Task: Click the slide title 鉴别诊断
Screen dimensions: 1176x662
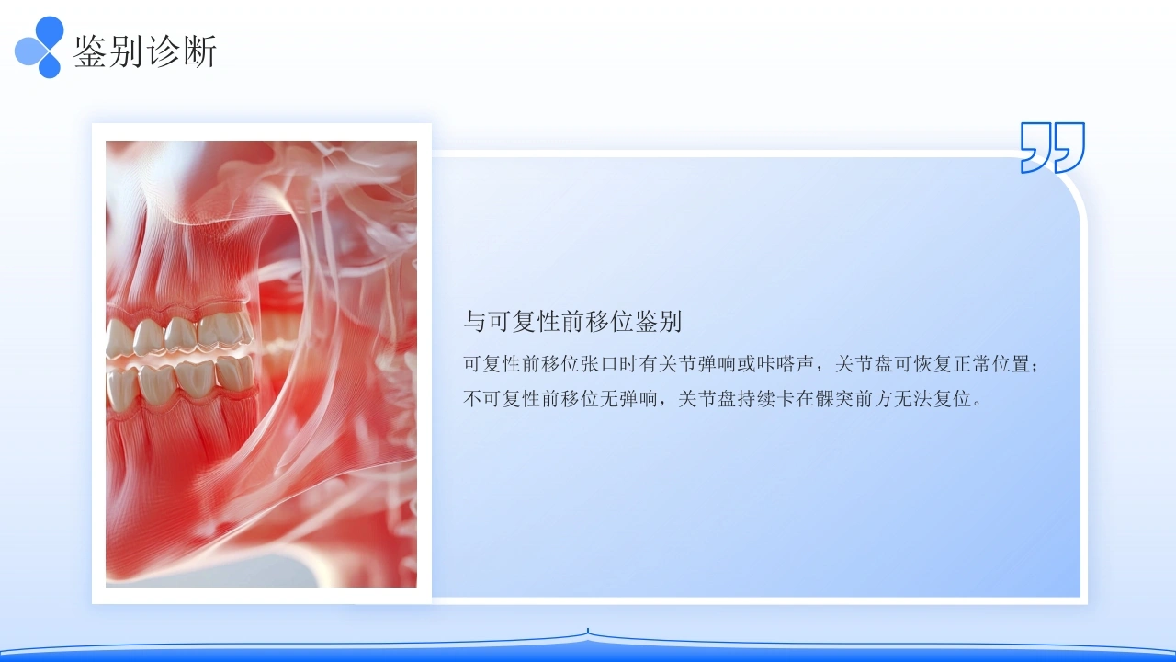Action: point(145,51)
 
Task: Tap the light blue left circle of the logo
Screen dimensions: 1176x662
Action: point(28,51)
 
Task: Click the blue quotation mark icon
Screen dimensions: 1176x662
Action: point(1052,148)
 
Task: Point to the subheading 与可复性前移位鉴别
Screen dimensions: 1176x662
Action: point(572,321)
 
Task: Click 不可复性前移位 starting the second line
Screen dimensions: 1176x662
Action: point(531,399)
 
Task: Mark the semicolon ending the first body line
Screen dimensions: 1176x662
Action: point(1035,366)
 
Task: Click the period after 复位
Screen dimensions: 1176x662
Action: point(977,404)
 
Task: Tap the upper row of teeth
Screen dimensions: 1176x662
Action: point(179,336)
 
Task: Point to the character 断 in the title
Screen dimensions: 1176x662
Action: point(200,51)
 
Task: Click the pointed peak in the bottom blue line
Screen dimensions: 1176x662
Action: point(588,631)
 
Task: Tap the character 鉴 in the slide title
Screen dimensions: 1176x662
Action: point(90,51)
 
